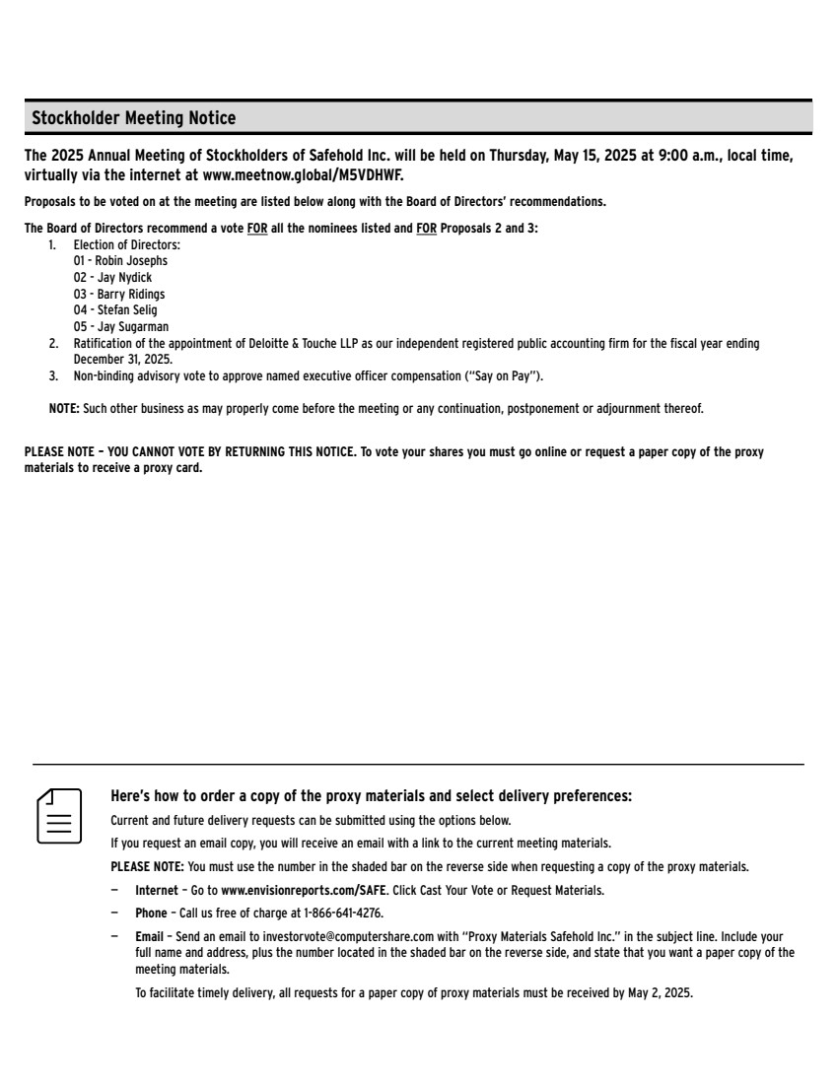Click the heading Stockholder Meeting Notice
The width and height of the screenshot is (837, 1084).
[134, 118]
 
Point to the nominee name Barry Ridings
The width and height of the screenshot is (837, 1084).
[131, 294]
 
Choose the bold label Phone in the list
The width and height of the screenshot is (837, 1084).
[151, 914]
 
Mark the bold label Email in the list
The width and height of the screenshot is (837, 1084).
[149, 936]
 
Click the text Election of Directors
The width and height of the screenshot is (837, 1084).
[127, 244]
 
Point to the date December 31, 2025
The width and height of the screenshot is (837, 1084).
[122, 360]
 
